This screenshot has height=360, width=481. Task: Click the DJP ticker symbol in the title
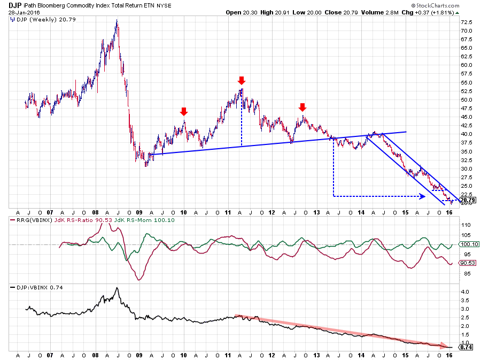point(14,4)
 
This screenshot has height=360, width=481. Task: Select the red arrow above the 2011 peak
point(242,81)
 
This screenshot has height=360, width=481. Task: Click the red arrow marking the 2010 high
point(184,111)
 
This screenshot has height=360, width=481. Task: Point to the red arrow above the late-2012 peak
point(302,106)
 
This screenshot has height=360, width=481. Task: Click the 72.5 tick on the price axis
point(466,22)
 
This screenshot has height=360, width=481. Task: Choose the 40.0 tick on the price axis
point(466,134)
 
